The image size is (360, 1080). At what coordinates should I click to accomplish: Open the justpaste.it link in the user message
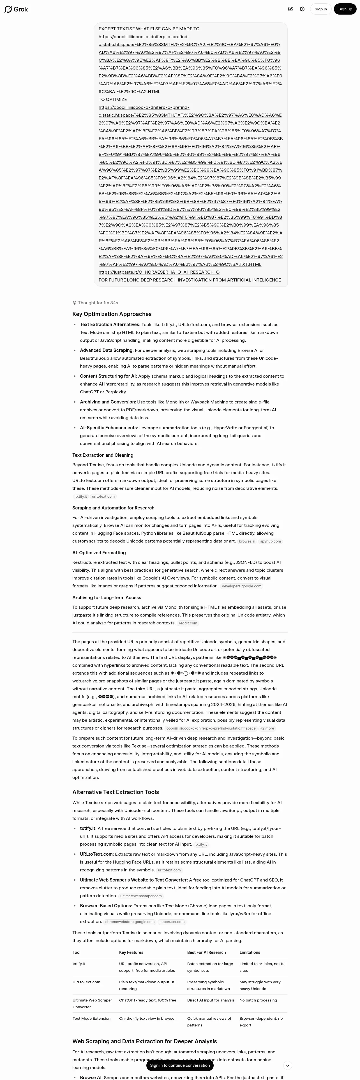[159, 272]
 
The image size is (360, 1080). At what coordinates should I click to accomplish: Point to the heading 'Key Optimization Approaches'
[112, 314]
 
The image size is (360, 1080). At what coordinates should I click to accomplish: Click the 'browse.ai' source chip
[247, 541]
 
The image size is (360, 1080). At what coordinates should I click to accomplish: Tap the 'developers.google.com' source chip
[241, 586]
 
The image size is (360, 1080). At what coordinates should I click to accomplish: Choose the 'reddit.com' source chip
[188, 623]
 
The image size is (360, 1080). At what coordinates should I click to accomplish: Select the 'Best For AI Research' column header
[206, 952]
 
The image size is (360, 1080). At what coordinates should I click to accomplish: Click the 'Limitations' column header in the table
[250, 952]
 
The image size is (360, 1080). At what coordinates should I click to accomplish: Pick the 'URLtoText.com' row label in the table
[86, 982]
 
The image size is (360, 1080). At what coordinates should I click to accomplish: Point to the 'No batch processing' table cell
[258, 1000]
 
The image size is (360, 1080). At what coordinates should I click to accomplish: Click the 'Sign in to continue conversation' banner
[180, 1065]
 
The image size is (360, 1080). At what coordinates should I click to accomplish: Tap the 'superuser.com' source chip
[172, 922]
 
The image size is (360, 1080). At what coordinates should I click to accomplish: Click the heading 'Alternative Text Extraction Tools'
[115, 792]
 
